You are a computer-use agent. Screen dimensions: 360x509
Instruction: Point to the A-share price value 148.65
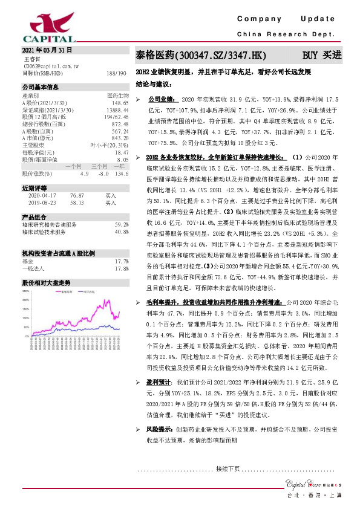120,103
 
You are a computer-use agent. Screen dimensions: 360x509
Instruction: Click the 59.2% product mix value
121,224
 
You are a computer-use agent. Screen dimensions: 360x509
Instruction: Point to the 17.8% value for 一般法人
122,268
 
